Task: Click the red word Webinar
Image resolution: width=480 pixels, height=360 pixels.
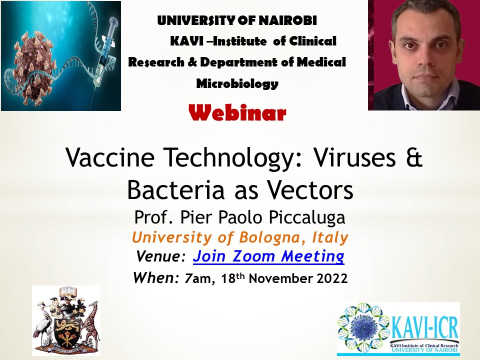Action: click(x=237, y=113)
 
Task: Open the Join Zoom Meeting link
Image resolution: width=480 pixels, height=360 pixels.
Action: click(x=268, y=256)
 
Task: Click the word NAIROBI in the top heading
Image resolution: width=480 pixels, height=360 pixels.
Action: click(x=288, y=20)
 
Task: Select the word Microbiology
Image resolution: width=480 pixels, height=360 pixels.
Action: click(x=237, y=83)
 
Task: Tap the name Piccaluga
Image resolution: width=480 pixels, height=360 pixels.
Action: click(x=307, y=218)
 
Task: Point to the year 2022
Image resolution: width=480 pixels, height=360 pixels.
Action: click(x=332, y=278)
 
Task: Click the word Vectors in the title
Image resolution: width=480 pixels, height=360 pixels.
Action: click(x=310, y=190)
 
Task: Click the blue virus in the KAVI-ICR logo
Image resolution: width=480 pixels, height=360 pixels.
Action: click(x=363, y=327)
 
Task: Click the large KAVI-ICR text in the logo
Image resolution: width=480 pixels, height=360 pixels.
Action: click(x=424, y=327)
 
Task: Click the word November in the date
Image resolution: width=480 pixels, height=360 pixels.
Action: click(x=281, y=278)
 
